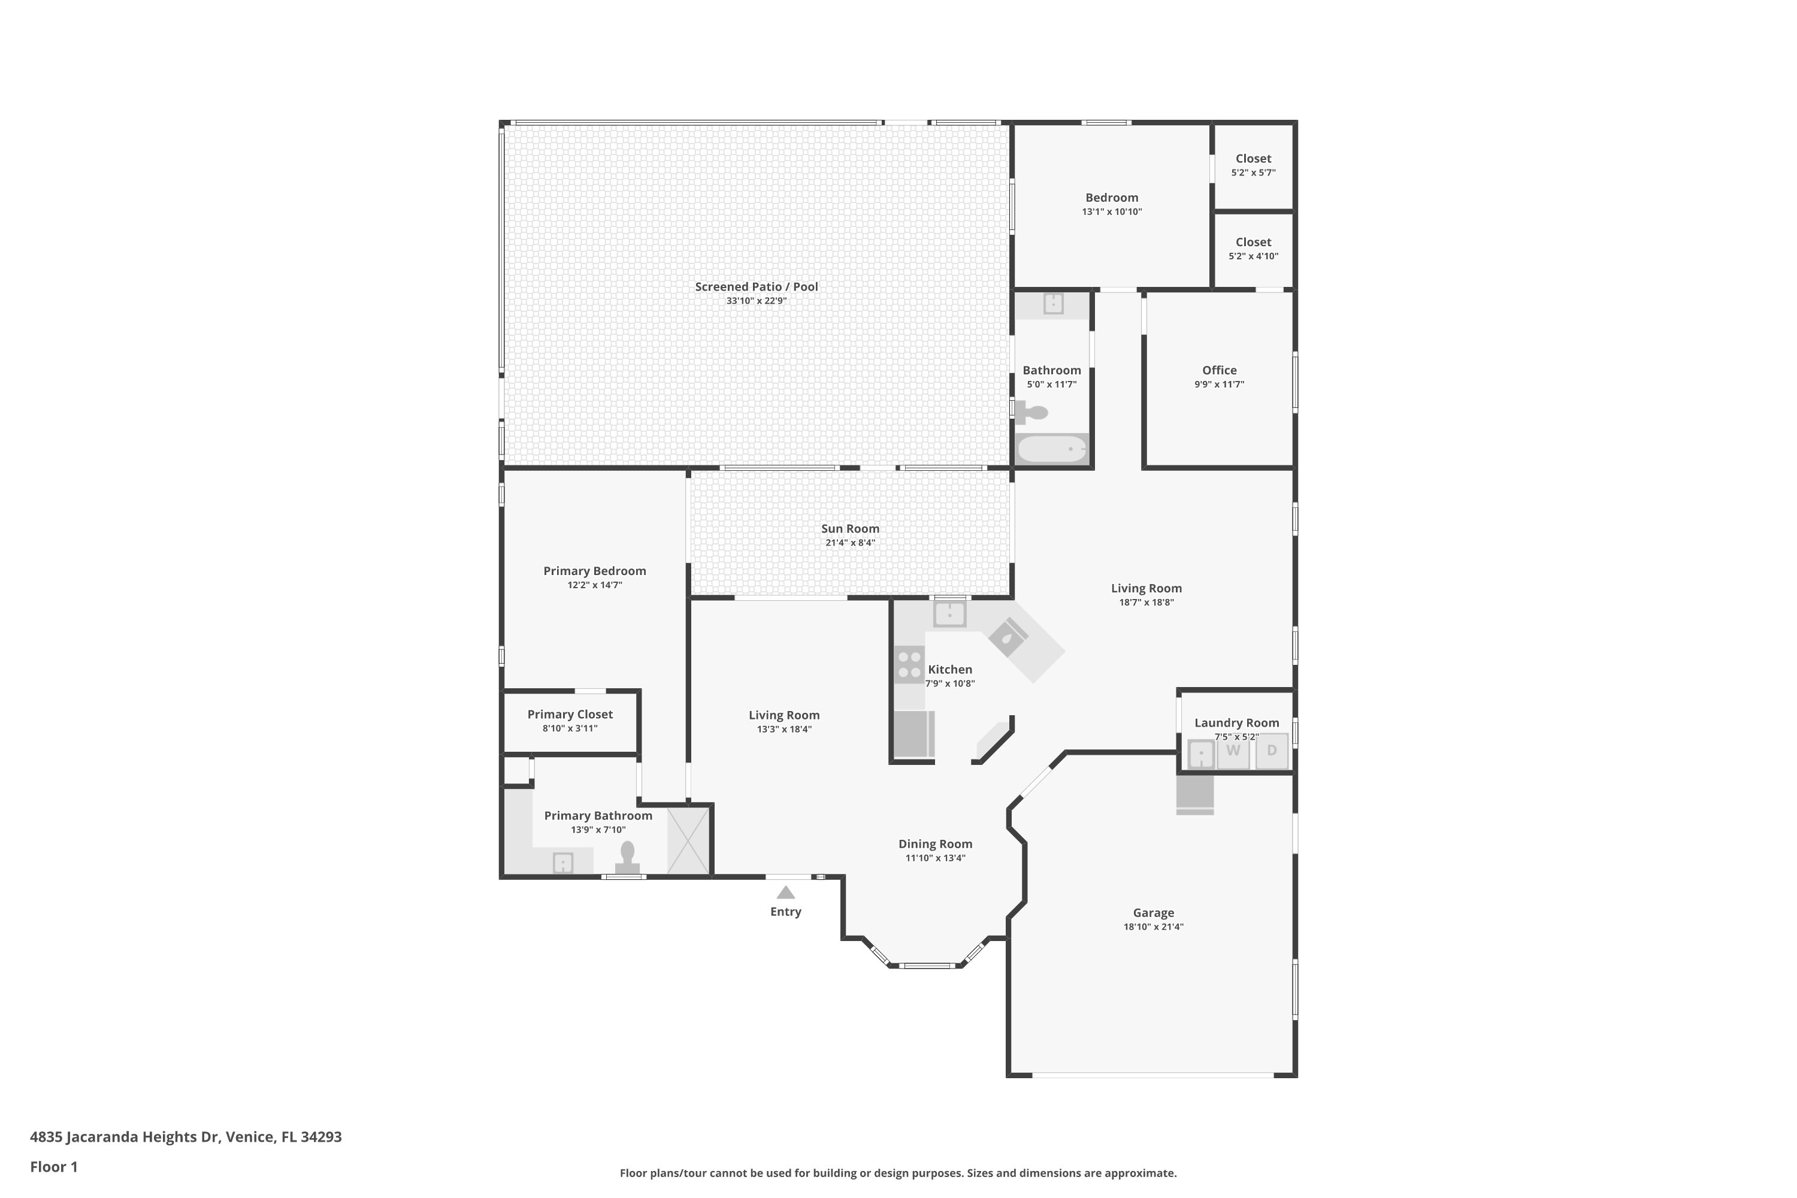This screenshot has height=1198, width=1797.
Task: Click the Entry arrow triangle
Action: (785, 893)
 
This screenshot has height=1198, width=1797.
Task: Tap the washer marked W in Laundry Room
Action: (1233, 751)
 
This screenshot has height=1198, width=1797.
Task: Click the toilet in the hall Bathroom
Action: (1032, 413)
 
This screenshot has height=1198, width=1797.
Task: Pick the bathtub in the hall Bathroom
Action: (1052, 449)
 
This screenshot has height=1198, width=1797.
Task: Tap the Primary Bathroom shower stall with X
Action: (689, 841)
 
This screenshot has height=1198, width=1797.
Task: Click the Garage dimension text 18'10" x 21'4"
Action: (1153, 927)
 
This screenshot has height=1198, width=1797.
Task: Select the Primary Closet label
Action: (570, 715)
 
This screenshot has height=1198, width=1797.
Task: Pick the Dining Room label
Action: (935, 844)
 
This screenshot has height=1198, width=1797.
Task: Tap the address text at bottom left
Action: (186, 1137)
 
